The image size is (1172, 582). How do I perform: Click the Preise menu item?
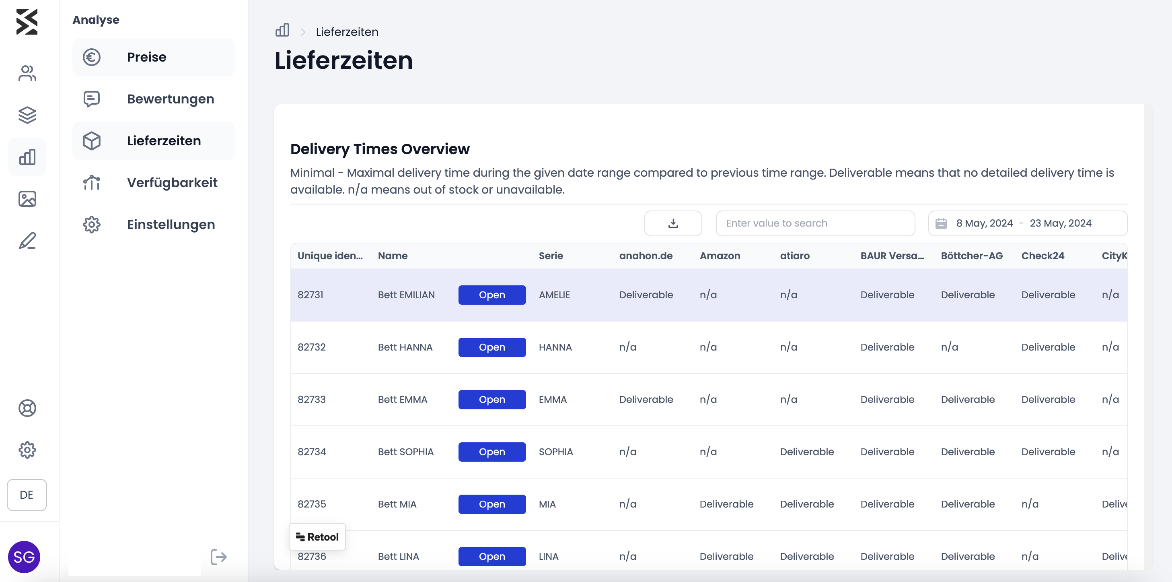[x=153, y=57]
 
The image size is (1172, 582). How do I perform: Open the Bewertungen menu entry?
[x=153, y=99]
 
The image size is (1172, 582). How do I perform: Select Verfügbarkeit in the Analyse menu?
[x=153, y=183]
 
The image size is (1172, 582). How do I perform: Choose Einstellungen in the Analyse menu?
[x=153, y=225]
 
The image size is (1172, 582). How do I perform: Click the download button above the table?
[x=673, y=223]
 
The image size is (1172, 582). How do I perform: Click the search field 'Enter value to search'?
[x=815, y=223]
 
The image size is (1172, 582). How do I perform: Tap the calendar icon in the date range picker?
[x=941, y=223]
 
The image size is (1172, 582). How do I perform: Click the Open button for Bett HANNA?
[x=492, y=347]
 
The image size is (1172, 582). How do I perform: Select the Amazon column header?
[x=720, y=256]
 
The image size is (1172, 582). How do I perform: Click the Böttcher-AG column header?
[x=972, y=256]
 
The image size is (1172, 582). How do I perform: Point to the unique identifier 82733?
[x=312, y=399]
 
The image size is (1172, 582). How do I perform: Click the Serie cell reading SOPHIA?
[x=555, y=452]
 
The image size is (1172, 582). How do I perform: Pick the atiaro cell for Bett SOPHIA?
[x=807, y=452]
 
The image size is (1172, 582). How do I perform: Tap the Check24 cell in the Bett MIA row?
[x=1030, y=504]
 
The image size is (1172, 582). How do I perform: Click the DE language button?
[x=27, y=495]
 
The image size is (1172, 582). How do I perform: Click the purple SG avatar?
[x=24, y=557]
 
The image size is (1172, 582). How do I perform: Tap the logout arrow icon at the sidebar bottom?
[x=218, y=557]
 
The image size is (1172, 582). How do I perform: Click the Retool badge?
[x=317, y=537]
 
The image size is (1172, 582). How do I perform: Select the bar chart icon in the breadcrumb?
[x=282, y=31]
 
